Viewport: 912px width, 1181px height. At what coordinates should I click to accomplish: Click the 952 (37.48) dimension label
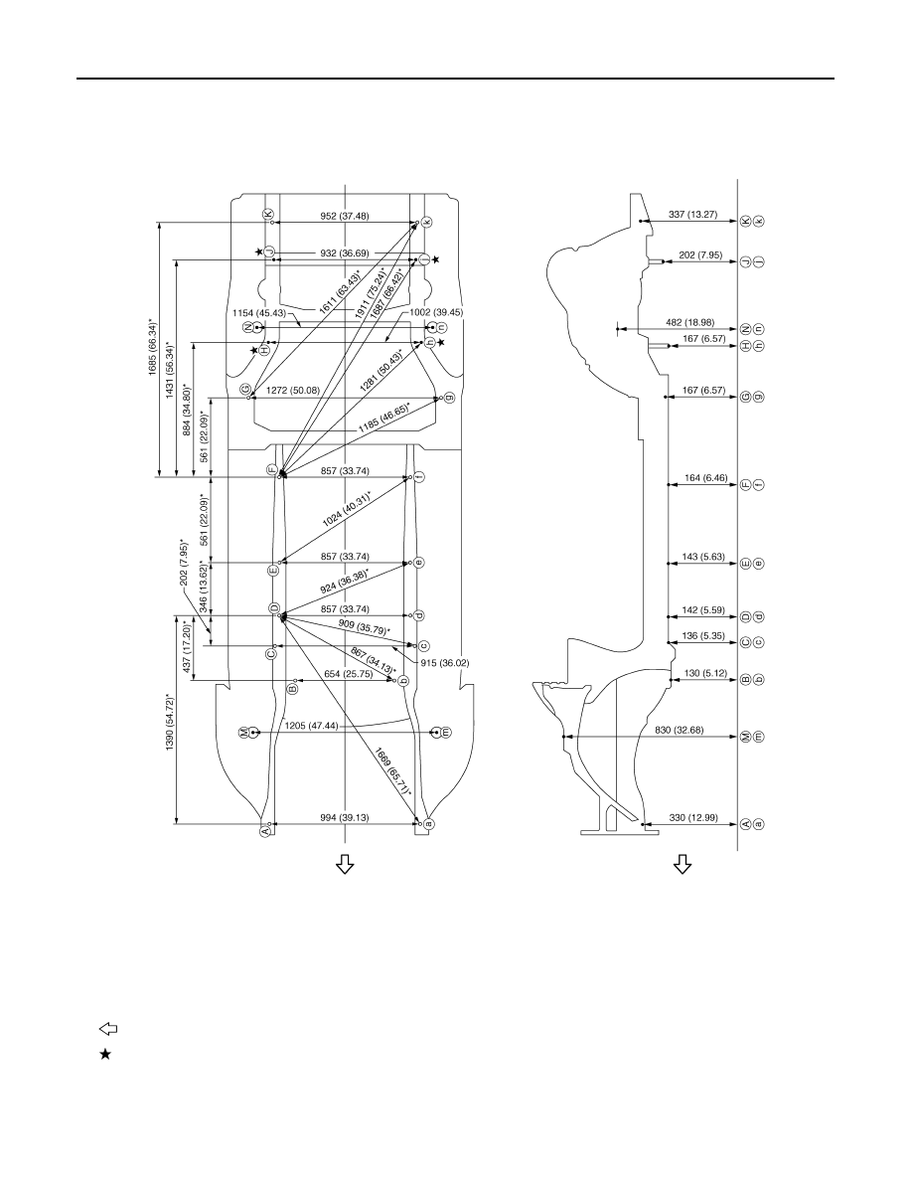tap(345, 216)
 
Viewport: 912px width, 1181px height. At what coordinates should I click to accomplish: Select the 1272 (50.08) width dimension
tap(293, 390)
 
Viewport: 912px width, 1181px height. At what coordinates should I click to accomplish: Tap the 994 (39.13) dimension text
tap(344, 817)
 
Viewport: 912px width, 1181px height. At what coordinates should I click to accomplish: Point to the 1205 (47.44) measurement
tap(312, 726)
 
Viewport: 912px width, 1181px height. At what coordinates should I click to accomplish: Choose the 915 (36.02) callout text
tap(445, 663)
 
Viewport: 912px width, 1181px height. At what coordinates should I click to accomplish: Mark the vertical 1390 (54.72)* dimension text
tap(171, 722)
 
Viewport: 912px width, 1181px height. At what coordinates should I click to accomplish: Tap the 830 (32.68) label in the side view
tap(679, 730)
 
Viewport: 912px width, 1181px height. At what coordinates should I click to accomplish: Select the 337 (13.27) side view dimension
tap(693, 215)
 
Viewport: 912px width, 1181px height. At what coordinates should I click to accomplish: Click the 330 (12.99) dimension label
tap(693, 817)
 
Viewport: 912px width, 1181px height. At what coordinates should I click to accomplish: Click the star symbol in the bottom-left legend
tap(105, 1055)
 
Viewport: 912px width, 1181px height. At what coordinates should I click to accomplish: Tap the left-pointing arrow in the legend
tap(108, 1029)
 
